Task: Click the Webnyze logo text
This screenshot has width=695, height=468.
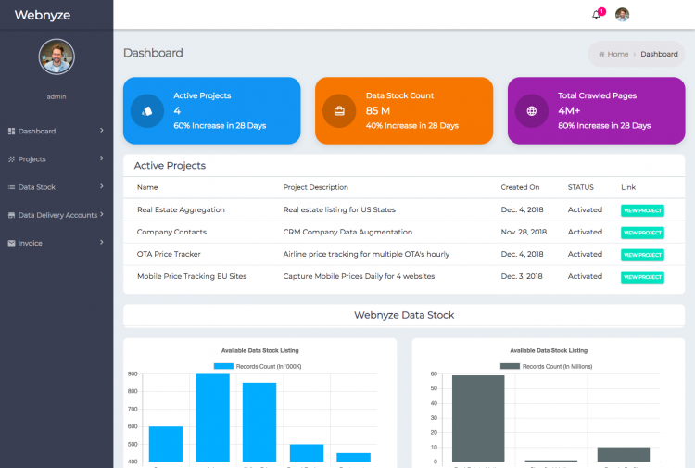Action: pos(42,15)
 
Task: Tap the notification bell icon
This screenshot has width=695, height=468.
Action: pos(596,15)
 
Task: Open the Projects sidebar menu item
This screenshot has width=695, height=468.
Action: pos(32,159)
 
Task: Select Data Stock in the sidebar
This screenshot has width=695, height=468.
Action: pos(37,187)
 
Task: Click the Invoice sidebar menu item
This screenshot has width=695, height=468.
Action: pos(30,243)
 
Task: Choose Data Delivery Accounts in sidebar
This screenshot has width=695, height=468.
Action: pos(57,215)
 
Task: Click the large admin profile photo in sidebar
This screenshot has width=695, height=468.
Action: pos(57,57)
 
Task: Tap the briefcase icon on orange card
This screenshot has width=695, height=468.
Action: pos(339,111)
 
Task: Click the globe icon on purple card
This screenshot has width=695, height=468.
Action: pos(532,111)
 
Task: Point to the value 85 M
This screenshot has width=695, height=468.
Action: pos(378,111)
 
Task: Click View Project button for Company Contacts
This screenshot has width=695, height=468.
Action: pos(642,233)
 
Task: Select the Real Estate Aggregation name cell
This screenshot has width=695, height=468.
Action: pos(181,210)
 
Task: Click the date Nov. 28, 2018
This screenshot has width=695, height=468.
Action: pos(524,232)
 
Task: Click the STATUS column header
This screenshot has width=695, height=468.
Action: pos(580,187)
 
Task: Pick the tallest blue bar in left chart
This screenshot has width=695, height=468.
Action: pos(212,417)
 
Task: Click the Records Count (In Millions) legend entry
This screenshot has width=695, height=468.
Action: pos(547,367)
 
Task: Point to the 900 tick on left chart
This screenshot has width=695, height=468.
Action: pos(133,374)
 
